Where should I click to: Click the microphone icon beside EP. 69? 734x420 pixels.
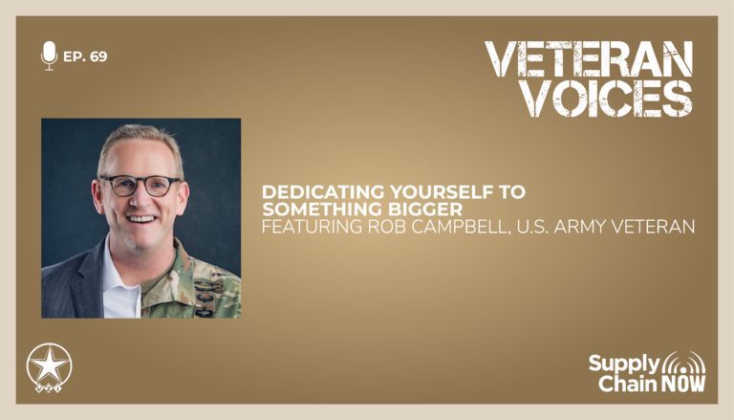pyautogui.click(x=49, y=55)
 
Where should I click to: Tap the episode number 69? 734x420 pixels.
pyautogui.click(x=98, y=56)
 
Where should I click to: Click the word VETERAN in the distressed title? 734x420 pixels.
pyautogui.click(x=589, y=59)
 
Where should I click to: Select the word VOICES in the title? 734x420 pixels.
pyautogui.click(x=607, y=99)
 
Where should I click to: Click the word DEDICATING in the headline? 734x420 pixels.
pyautogui.click(x=323, y=191)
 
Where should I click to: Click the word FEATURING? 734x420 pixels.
pyautogui.click(x=312, y=227)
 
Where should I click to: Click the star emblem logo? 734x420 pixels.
pyautogui.click(x=49, y=367)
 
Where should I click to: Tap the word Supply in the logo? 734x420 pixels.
pyautogui.click(x=624, y=365)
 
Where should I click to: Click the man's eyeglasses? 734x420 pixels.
pyautogui.click(x=140, y=186)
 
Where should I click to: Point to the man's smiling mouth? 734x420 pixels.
pyautogui.click(x=141, y=219)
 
